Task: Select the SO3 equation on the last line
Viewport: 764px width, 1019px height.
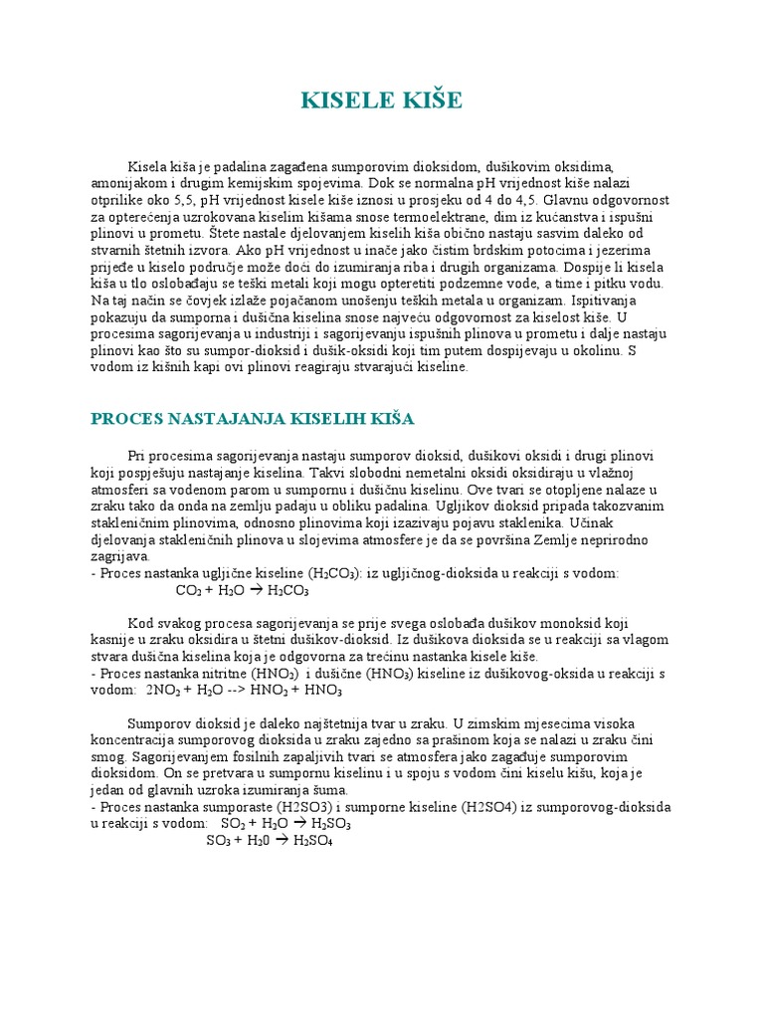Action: (270, 841)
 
